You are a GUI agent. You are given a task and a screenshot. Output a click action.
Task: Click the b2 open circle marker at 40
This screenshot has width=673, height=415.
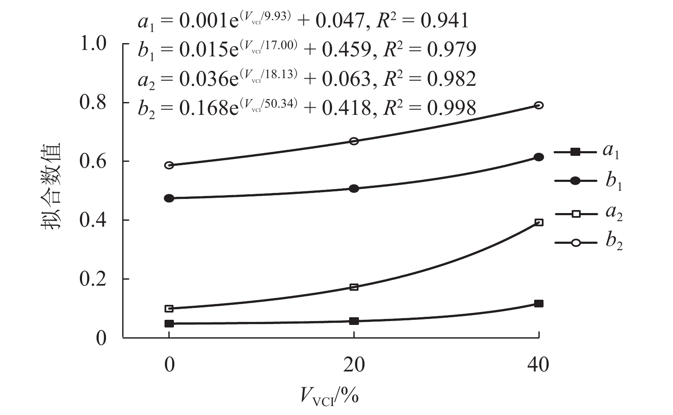point(539,105)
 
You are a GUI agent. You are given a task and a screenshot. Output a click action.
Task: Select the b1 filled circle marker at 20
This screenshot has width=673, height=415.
point(354,188)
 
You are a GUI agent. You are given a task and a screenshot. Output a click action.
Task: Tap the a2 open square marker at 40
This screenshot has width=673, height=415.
point(539,222)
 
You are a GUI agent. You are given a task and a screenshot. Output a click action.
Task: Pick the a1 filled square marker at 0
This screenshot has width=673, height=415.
point(169,323)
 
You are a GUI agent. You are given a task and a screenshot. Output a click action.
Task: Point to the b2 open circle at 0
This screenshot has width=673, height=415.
point(169,165)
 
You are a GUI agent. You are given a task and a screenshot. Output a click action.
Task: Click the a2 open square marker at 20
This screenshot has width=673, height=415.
point(354,287)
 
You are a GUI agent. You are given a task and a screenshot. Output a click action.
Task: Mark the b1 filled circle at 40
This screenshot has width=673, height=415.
point(539,157)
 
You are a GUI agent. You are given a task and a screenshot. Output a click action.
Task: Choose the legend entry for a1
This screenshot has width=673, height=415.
point(587,152)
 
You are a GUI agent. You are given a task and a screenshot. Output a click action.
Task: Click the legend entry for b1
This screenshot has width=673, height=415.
point(588,181)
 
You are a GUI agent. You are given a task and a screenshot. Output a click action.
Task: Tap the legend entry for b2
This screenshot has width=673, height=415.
point(588,243)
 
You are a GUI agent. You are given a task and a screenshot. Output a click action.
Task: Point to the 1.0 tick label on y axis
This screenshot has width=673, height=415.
point(93,44)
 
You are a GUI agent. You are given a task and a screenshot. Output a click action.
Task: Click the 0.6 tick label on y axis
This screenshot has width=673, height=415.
point(93,161)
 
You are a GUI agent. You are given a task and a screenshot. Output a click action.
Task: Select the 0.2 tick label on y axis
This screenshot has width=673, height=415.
point(93,279)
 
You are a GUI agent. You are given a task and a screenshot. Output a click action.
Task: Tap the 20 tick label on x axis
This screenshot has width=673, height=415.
point(354,365)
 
